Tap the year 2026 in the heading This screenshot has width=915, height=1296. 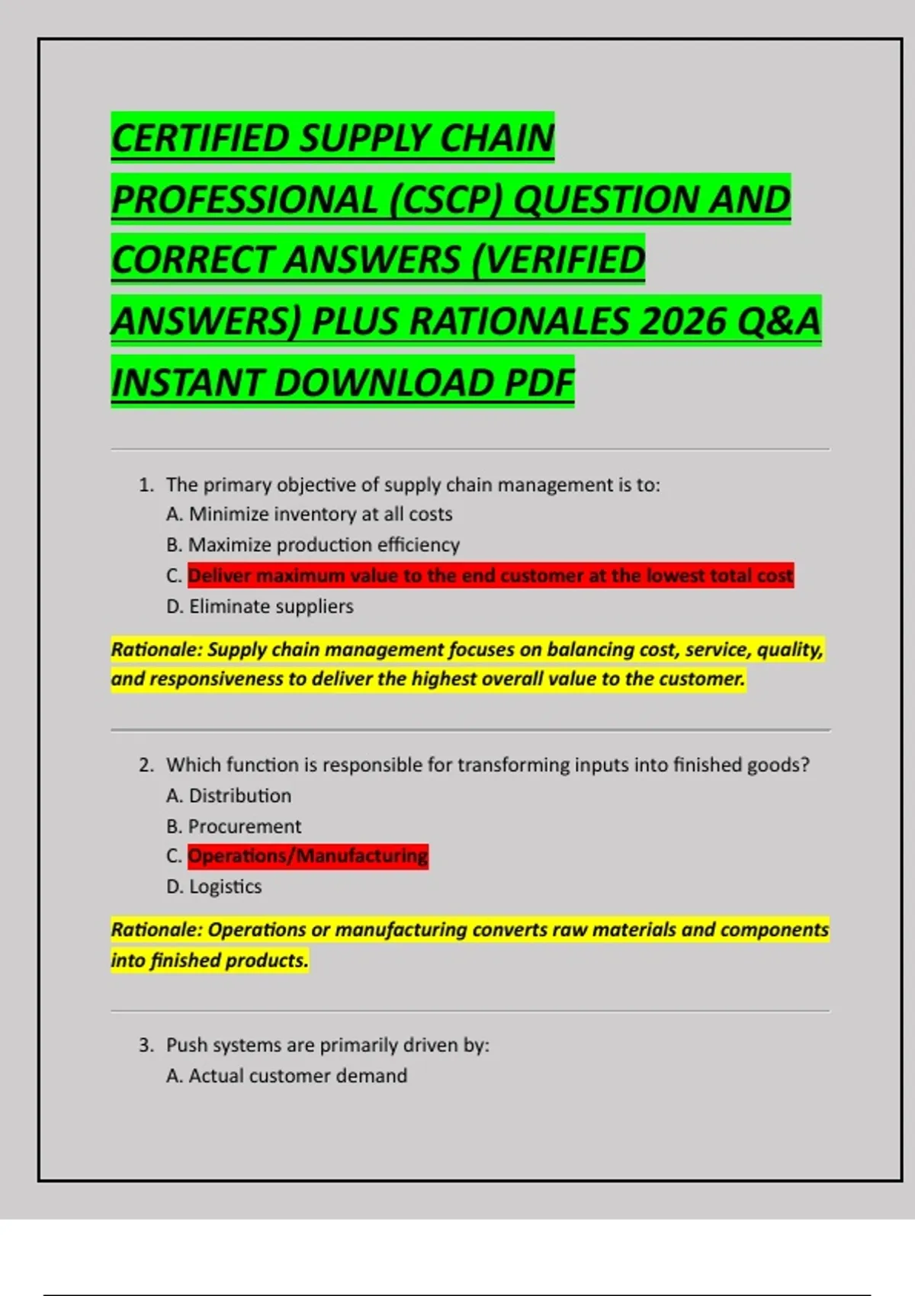(x=682, y=321)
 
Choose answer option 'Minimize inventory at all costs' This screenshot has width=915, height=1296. (x=320, y=515)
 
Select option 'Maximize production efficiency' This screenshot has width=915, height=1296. (x=324, y=545)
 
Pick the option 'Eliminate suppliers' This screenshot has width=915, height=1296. (x=271, y=607)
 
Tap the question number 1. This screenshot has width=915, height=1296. (x=146, y=486)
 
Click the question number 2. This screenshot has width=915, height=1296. (x=146, y=765)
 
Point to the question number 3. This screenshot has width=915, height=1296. (x=146, y=1045)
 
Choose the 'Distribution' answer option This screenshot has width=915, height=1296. (x=240, y=796)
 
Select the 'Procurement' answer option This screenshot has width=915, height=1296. (x=245, y=826)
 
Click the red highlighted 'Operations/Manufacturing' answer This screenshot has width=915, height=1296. (x=308, y=856)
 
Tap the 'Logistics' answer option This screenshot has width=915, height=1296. (x=226, y=887)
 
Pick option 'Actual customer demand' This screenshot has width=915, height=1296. (x=298, y=1076)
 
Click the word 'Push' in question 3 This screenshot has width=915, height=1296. (x=185, y=1045)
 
